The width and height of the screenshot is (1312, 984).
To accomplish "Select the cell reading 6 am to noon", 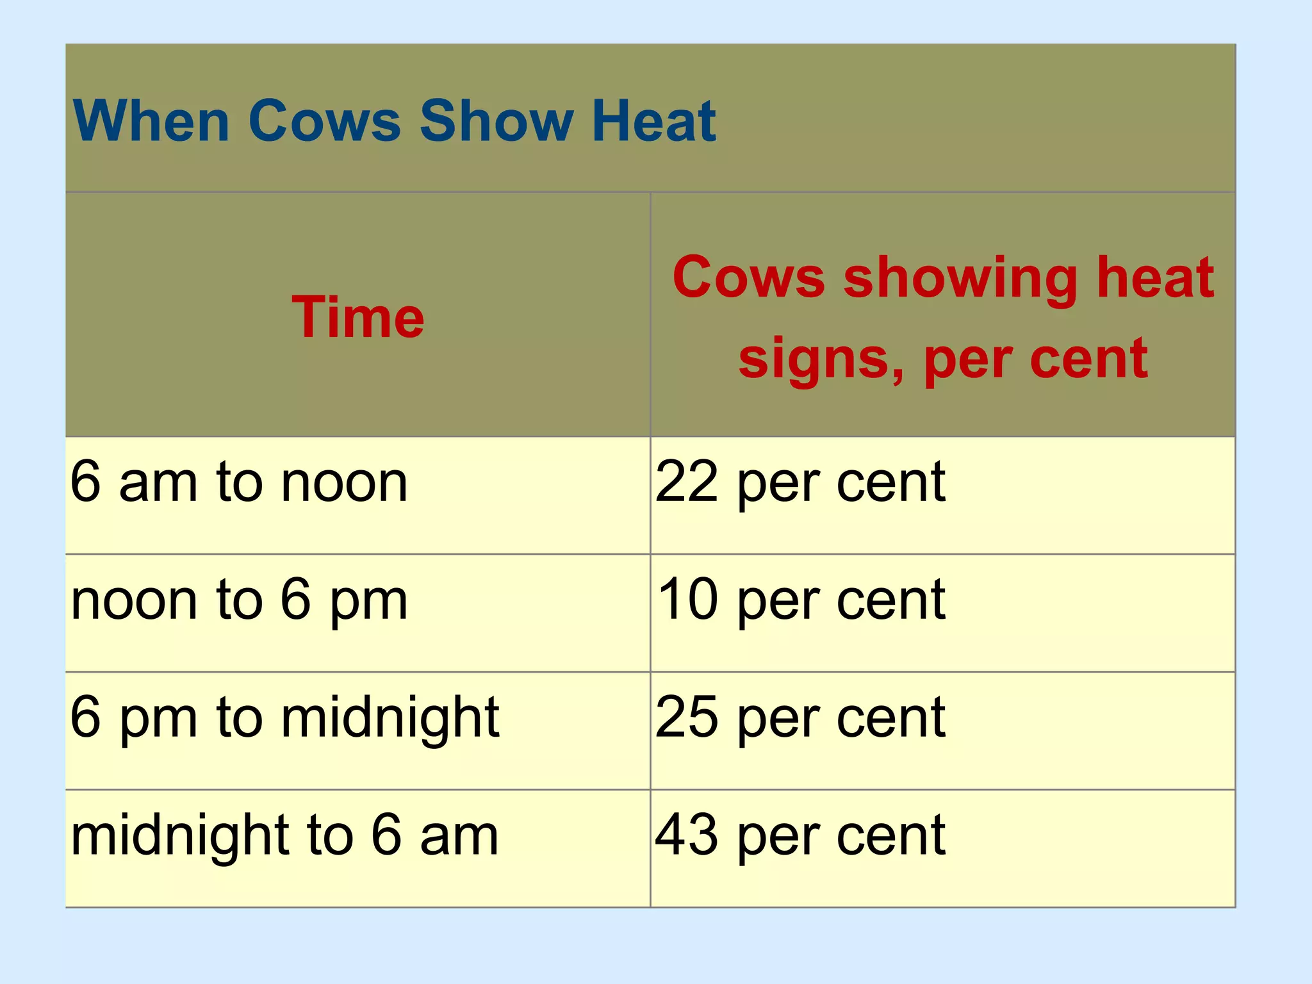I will pos(238,482).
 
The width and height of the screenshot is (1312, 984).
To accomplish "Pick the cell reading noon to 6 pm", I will pos(238,600).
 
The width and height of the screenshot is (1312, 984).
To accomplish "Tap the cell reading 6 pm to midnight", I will pos(284,718).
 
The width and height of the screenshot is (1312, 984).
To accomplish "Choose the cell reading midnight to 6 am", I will pos(284,836).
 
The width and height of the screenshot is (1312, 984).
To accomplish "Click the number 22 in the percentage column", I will pos(686,482).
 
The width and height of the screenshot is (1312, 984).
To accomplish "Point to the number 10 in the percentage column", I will pos(687,600).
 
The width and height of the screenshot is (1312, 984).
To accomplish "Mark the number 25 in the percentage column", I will pos(686,717).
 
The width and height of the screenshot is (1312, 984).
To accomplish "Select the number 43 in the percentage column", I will pos(686,835).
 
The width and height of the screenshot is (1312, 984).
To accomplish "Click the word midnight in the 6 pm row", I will pos(389,718).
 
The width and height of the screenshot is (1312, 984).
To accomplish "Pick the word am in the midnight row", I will pos(459,837).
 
